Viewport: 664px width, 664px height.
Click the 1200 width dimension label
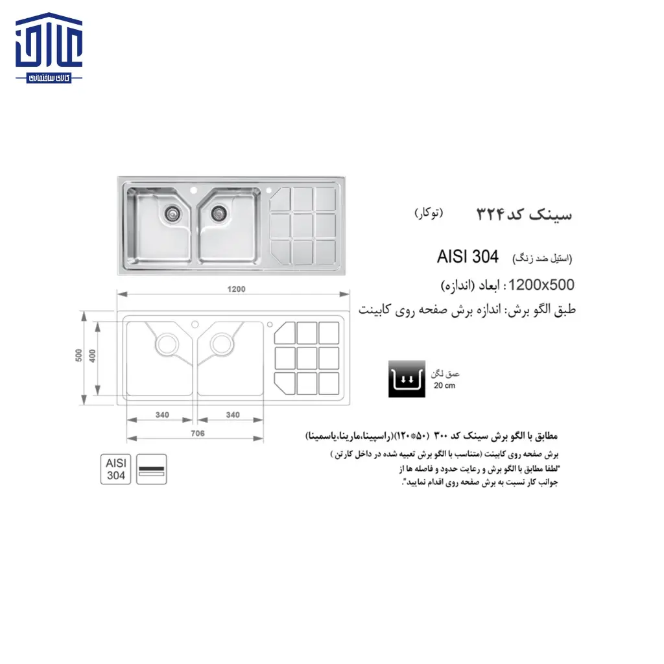pos(237,289)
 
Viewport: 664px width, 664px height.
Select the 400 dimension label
pos(93,356)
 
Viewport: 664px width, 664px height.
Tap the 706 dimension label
pos(198,433)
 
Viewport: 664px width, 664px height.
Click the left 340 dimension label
pos(161,415)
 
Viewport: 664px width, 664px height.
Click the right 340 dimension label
pos(233,415)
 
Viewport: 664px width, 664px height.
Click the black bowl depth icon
pos(407,379)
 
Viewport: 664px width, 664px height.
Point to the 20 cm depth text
pos(445,386)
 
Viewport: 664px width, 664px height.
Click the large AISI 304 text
pos(468,257)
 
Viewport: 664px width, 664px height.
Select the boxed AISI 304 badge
pos(116,469)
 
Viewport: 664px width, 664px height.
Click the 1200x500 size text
pos(541,285)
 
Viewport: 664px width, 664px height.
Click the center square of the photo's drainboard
pos(302,225)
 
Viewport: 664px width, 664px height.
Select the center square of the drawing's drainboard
pos(307,357)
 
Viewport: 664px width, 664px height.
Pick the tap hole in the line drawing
pos(195,323)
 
